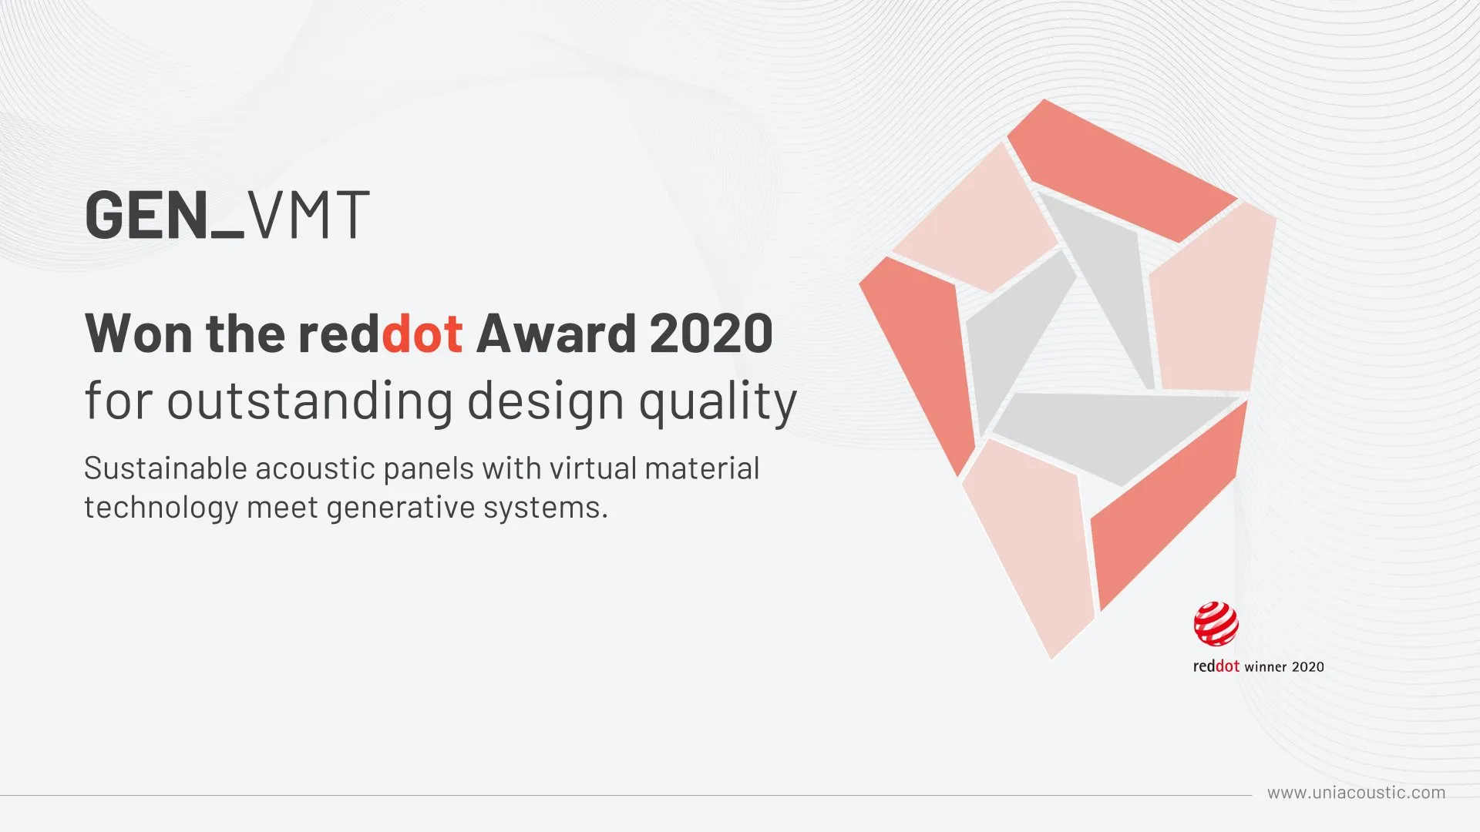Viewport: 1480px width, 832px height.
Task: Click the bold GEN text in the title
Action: point(147,214)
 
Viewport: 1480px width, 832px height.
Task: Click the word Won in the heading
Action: point(139,334)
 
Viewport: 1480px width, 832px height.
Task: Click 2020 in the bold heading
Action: point(711,334)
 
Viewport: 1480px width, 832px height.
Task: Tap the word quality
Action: point(718,403)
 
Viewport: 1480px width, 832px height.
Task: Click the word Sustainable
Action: point(165,468)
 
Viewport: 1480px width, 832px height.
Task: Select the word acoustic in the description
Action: point(315,468)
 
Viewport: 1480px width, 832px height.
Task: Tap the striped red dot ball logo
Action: point(1216,624)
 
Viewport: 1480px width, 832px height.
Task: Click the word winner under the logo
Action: point(1265,667)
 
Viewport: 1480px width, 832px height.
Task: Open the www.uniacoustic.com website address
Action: point(1357,793)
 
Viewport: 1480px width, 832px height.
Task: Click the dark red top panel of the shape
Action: point(1122,170)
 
